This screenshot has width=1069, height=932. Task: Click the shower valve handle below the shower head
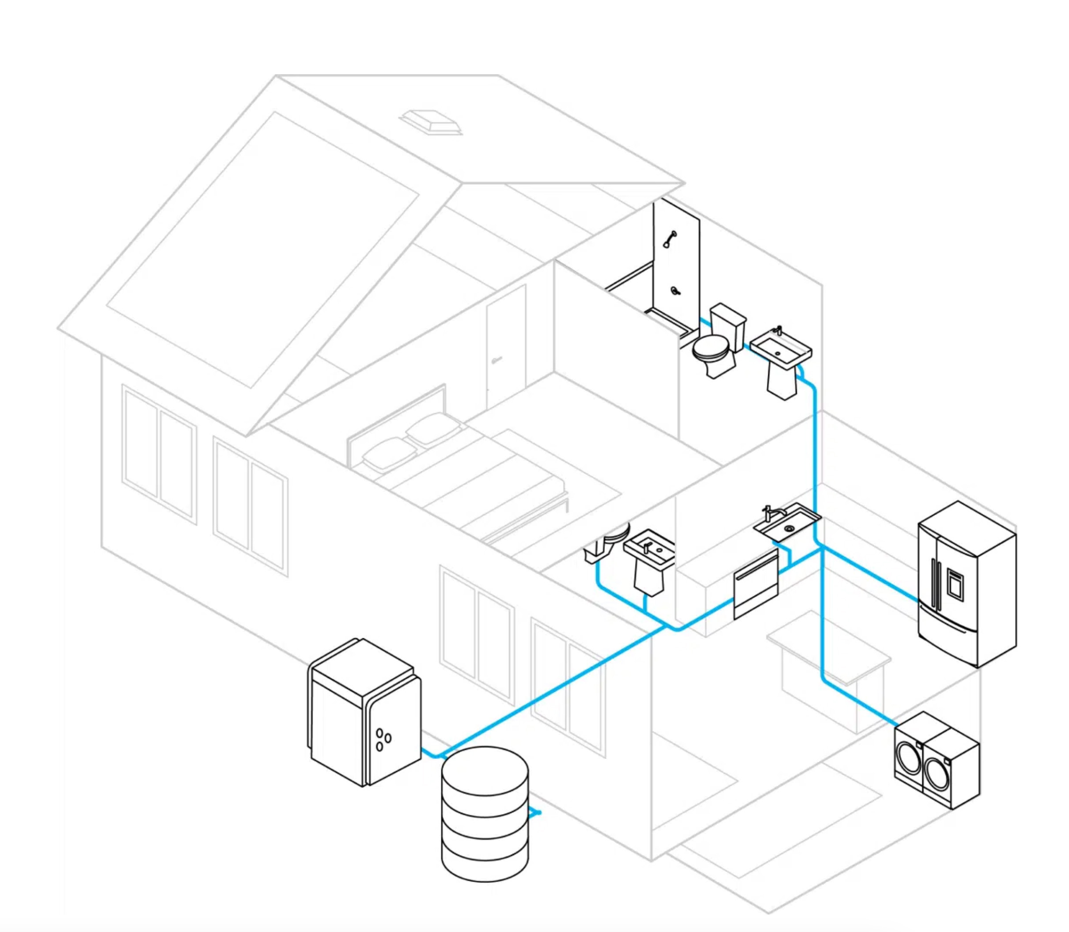(675, 291)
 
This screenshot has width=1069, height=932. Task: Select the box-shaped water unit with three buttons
(364, 712)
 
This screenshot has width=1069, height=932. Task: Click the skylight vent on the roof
(431, 122)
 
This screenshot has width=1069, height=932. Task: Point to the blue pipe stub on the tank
(536, 812)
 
